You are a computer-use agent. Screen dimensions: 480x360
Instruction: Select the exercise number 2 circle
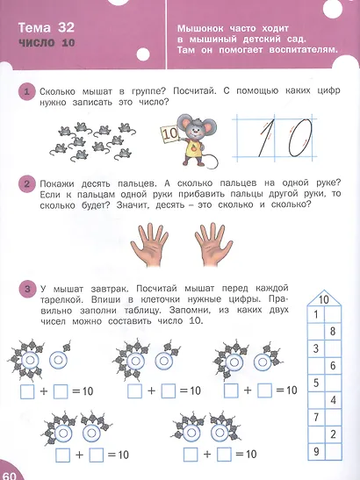pyautogui.click(x=29, y=185)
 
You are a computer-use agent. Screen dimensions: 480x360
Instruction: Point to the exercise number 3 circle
pyautogui.click(x=29, y=288)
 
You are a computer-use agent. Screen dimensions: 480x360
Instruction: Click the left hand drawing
pyautogui.click(x=151, y=244)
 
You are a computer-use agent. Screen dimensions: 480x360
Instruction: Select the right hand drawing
pyautogui.click(x=213, y=244)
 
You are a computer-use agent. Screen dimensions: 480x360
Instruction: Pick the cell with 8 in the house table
pyautogui.click(x=332, y=332)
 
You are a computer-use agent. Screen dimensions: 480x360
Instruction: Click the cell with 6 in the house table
pyautogui.click(x=332, y=366)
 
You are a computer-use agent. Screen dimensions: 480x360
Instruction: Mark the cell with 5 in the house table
pyautogui.click(x=313, y=383)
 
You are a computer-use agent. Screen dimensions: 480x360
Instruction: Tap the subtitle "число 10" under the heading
pyautogui.click(x=43, y=47)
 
